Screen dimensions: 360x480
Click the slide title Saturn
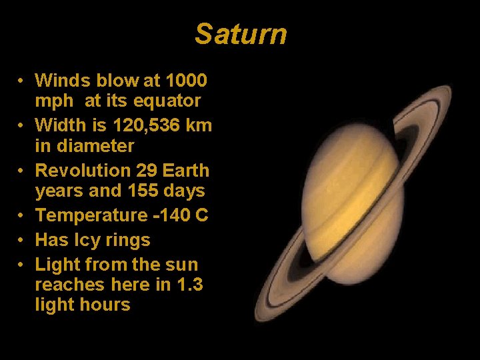click(241, 34)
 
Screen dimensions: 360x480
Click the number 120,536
click(143, 125)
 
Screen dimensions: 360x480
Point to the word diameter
click(95, 146)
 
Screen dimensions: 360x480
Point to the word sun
click(182, 265)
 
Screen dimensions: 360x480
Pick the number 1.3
click(189, 285)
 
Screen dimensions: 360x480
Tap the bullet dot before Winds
click(22, 81)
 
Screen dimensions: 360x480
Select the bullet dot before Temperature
click(22, 216)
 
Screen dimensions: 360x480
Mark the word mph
click(53, 101)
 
